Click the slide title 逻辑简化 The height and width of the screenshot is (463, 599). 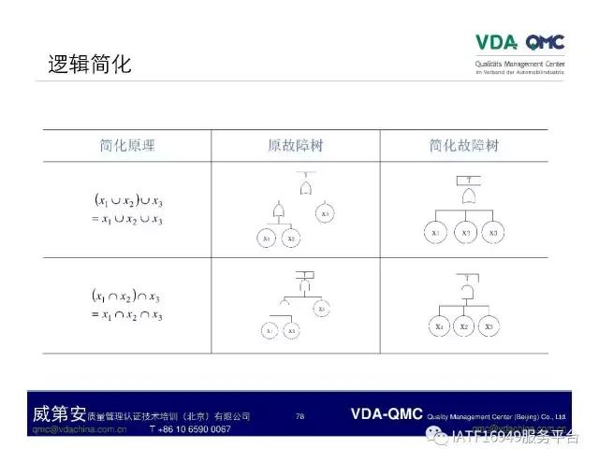90,65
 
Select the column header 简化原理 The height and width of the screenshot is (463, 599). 127,146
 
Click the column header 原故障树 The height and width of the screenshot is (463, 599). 295,146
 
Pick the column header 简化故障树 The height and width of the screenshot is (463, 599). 464,146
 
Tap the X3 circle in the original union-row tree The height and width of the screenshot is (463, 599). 325,214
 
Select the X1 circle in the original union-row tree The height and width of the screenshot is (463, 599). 266,239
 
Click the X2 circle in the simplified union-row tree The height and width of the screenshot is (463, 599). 464,232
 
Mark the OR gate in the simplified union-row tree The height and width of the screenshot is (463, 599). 464,197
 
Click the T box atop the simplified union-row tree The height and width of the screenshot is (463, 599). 465,178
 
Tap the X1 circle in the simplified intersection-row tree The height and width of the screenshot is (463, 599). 439,326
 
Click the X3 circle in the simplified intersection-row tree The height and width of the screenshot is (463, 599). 489,326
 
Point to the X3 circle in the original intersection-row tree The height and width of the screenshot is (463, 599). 322,308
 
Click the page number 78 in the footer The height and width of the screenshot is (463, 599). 299,416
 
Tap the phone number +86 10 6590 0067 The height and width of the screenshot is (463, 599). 190,429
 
